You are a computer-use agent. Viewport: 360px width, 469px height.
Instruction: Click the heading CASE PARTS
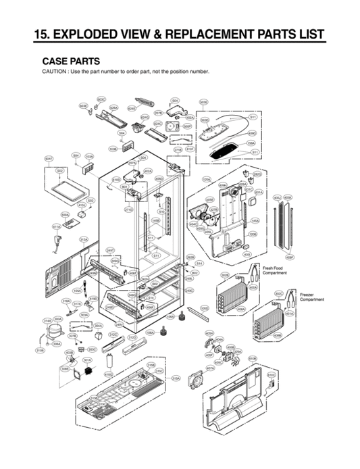pos(71,60)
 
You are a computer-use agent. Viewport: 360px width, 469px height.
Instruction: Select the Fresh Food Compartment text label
pos(275,270)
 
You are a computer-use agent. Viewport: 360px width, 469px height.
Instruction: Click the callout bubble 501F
pos(49,158)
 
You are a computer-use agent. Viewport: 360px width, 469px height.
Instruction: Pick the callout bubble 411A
pos(57,227)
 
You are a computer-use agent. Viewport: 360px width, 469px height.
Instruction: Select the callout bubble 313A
pos(84,239)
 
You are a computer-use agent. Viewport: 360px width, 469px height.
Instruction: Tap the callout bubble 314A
pos(47,321)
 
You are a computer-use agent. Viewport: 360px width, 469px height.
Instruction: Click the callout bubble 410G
pos(108,374)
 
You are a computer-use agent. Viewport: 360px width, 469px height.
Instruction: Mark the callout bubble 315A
pos(176,378)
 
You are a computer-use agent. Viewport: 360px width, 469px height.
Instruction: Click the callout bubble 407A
pos(210,368)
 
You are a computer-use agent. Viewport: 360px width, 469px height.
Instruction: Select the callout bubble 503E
pos(203,101)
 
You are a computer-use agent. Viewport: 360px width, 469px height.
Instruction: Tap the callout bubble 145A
pos(255,220)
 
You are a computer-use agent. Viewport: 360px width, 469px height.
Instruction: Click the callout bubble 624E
pos(132,108)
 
